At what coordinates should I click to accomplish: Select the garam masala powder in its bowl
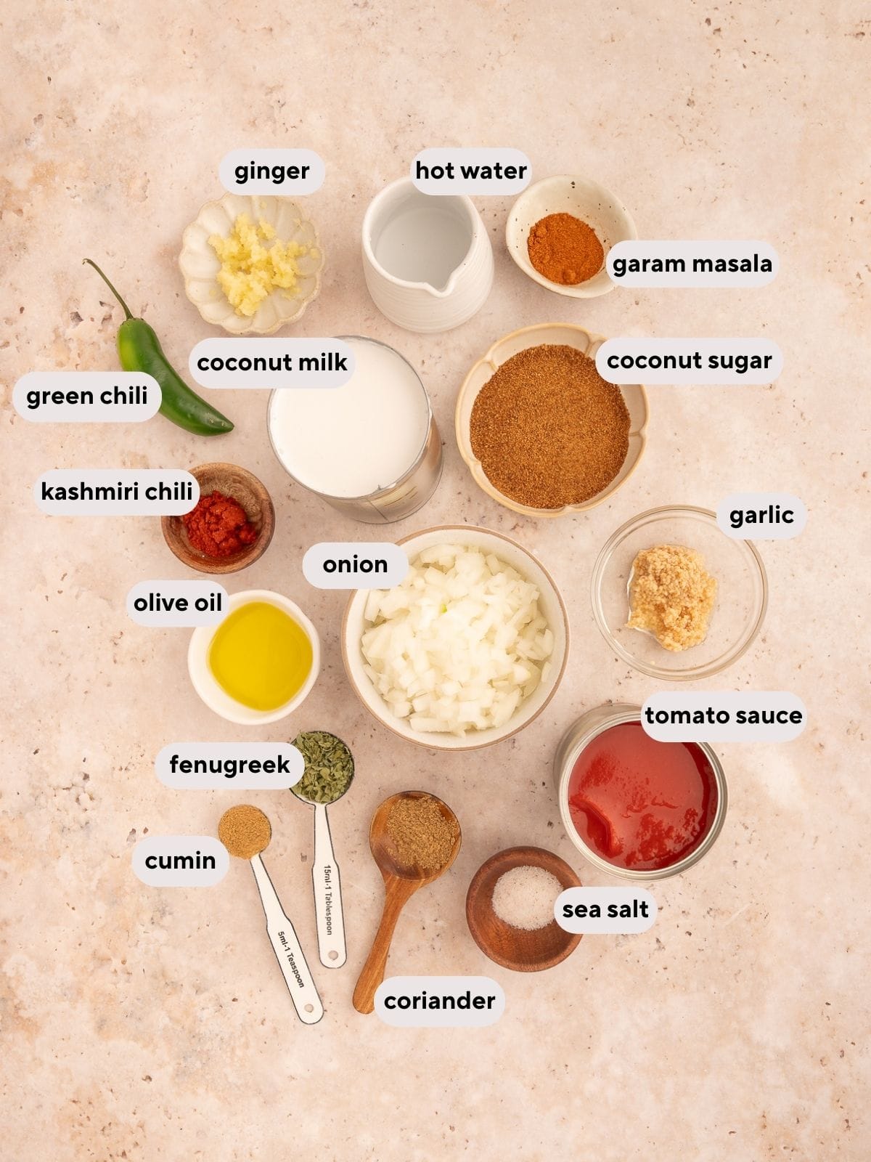[x=565, y=248]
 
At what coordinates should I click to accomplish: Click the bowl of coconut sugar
[x=551, y=420]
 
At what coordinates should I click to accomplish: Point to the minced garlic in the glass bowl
[x=671, y=597]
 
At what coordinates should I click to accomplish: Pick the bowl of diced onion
[x=455, y=637]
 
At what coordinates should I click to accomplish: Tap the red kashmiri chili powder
[x=219, y=524]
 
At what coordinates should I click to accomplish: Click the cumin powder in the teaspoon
[x=245, y=832]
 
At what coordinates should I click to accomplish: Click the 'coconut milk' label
[x=271, y=362]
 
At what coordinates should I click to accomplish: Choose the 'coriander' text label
[x=439, y=1001]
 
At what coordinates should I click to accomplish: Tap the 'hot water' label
[x=470, y=171]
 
